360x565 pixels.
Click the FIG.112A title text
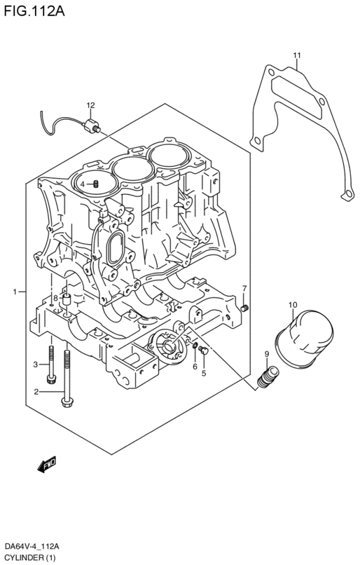[x=34, y=11]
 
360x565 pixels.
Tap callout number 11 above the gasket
[x=297, y=55]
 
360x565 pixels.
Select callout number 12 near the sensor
[x=90, y=105]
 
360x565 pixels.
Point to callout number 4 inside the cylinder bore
[x=83, y=184]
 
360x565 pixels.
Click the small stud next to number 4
[x=96, y=184]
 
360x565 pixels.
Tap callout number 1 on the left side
[x=15, y=292]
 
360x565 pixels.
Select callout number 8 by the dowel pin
[x=55, y=298]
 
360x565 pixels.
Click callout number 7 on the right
[x=244, y=288]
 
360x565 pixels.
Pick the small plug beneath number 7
[x=245, y=308]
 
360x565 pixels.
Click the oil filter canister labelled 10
[x=304, y=339]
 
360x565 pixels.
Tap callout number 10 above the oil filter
[x=293, y=305]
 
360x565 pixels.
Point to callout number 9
[x=267, y=354]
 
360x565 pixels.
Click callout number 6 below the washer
[x=195, y=367]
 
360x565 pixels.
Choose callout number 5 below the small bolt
[x=204, y=374]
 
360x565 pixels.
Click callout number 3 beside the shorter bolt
[x=35, y=365]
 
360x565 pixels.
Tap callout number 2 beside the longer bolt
[x=36, y=392]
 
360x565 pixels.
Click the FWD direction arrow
[x=47, y=464]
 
